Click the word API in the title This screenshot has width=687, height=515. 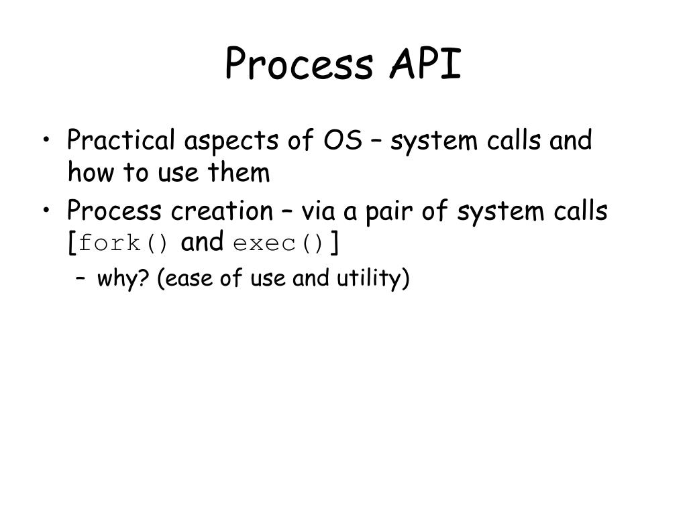coord(425,64)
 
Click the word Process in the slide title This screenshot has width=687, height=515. coord(299,64)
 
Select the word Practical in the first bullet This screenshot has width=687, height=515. coord(121,140)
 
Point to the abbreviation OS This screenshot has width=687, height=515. coord(343,141)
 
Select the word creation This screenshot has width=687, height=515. coord(222,211)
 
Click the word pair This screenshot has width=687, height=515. coord(389,213)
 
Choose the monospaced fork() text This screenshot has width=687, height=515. coord(123,243)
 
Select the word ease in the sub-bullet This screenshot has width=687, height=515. coord(183,279)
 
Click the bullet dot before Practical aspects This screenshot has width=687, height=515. coord(46,140)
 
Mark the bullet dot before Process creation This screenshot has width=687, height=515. coord(46,210)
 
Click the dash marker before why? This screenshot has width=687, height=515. coord(80,278)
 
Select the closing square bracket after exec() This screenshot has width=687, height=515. coord(335,242)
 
